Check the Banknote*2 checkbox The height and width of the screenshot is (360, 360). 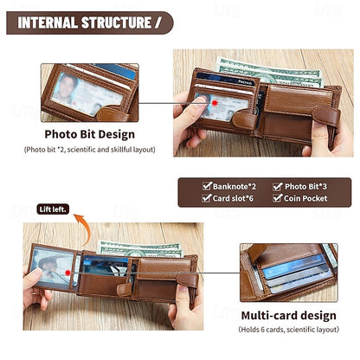point(207,185)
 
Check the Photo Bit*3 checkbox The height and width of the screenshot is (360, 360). point(278,185)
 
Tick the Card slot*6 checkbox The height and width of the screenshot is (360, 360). point(207,198)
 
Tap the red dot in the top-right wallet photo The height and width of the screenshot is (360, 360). point(214,101)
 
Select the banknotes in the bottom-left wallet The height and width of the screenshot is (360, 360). point(138,248)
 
